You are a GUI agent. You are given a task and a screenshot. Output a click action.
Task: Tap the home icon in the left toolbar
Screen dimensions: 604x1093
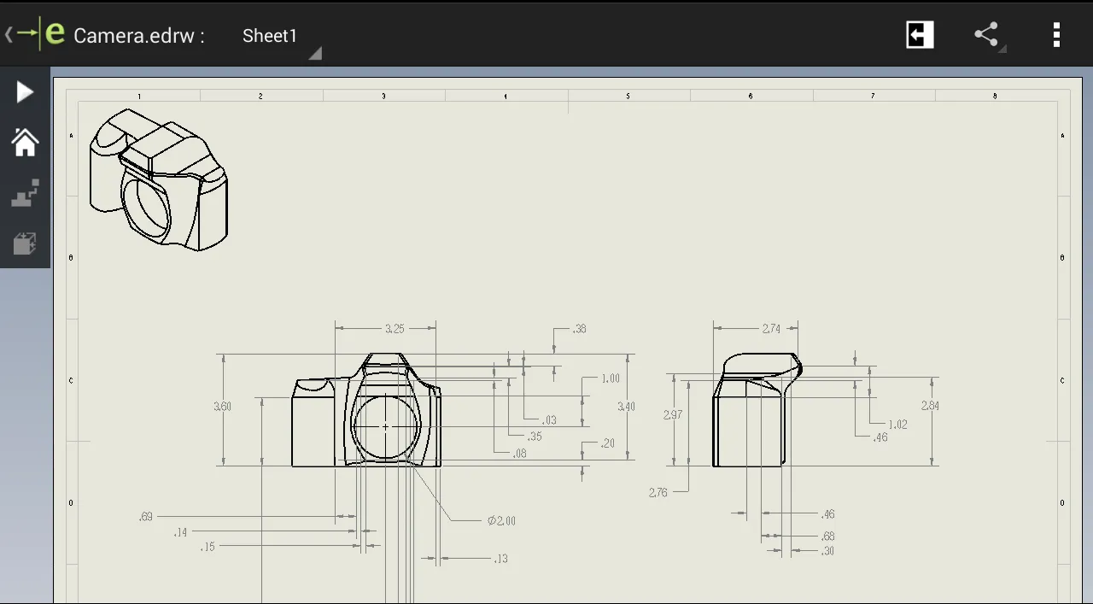pyautogui.click(x=25, y=143)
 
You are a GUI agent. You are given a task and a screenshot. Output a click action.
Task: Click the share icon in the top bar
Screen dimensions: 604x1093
pyautogui.click(x=986, y=35)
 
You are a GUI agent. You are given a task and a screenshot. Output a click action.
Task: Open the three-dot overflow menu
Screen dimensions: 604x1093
pyautogui.click(x=1056, y=35)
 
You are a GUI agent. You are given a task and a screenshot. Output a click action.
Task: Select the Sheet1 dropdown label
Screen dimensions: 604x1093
pyautogui.click(x=270, y=36)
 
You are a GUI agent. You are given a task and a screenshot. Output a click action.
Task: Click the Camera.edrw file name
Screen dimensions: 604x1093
pyautogui.click(x=138, y=36)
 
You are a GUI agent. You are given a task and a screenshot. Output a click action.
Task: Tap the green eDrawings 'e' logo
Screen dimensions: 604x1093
pyautogui.click(x=55, y=34)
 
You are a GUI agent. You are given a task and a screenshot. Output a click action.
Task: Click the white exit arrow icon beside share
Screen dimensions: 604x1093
pyautogui.click(x=920, y=35)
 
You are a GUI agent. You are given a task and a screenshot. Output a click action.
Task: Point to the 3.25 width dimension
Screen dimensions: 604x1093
pyautogui.click(x=395, y=328)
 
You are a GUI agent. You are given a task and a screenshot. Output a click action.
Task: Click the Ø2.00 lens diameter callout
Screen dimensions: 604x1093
pyautogui.click(x=501, y=520)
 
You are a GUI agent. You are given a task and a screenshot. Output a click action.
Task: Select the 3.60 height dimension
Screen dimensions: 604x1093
pyautogui.click(x=222, y=407)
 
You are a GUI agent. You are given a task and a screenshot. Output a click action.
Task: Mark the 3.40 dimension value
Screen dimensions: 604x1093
pyautogui.click(x=626, y=407)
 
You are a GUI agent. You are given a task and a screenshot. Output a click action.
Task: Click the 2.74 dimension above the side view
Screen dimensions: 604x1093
pyautogui.click(x=771, y=328)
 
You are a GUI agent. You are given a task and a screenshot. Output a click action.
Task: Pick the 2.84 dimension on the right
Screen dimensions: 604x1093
pyautogui.click(x=930, y=406)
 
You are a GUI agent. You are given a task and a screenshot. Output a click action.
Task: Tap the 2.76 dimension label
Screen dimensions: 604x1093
pyautogui.click(x=658, y=492)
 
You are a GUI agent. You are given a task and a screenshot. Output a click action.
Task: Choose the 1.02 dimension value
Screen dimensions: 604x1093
pyautogui.click(x=897, y=425)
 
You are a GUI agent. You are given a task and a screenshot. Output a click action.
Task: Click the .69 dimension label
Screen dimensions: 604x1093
pyautogui.click(x=145, y=516)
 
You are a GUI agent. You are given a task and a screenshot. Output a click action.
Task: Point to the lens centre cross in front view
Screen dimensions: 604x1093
pyautogui.click(x=386, y=426)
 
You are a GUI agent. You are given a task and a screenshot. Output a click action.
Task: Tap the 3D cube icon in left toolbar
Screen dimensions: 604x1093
pyautogui.click(x=25, y=244)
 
